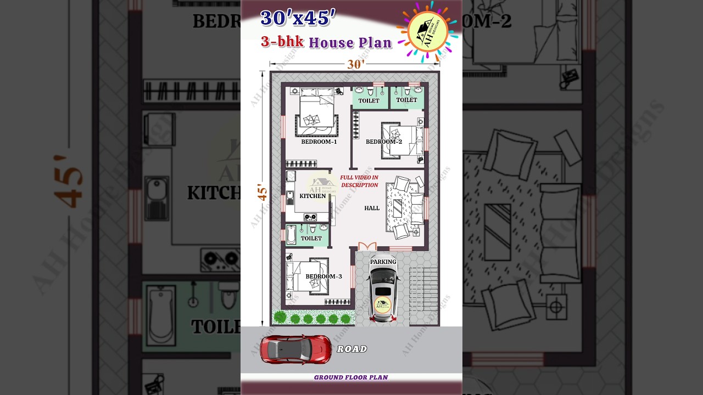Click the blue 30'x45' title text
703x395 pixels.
click(x=298, y=19)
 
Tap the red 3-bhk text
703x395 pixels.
click(x=282, y=42)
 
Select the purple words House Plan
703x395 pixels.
click(x=350, y=42)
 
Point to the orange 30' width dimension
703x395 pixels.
click(x=355, y=64)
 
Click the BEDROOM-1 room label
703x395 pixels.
click(x=319, y=142)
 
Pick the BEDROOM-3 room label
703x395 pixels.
click(x=323, y=276)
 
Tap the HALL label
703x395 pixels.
click(x=372, y=208)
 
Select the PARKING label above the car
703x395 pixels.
click(x=383, y=262)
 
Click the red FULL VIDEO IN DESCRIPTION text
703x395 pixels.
click(x=359, y=181)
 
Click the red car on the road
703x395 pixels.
click(x=295, y=349)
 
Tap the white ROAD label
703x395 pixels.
click(x=351, y=349)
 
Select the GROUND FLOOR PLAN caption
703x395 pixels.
click(x=351, y=377)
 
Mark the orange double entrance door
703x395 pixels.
click(x=367, y=246)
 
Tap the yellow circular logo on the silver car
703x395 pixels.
click(x=383, y=305)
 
